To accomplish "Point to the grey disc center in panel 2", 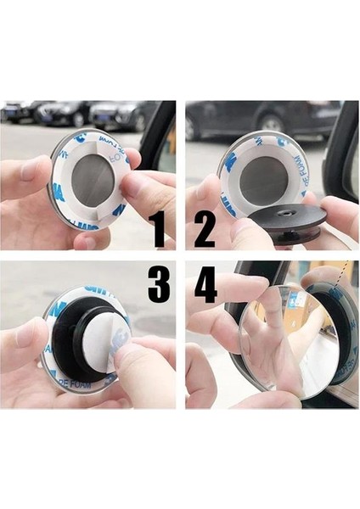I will click(x=265, y=179).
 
